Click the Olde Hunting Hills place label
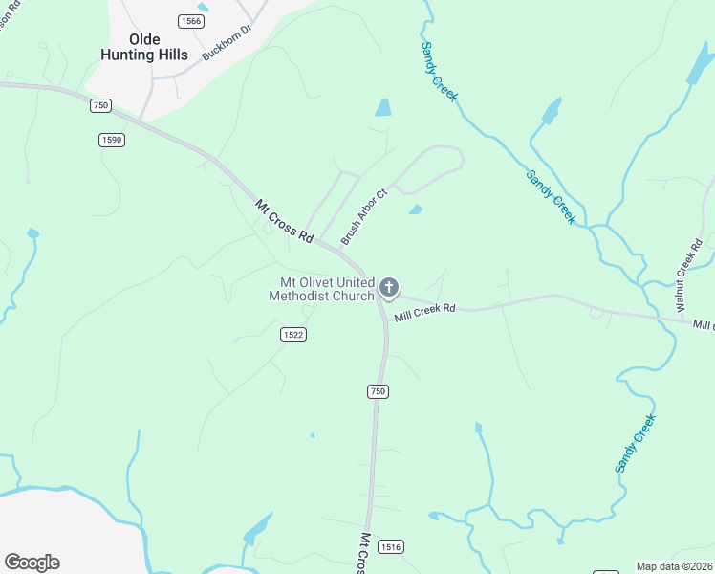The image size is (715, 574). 143,47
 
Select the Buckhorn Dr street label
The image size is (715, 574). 225,43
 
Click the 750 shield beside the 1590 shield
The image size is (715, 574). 101,105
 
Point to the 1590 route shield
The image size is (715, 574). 112,140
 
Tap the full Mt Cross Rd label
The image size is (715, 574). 284,221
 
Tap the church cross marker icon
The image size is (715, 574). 389,287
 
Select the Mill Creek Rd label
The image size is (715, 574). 425,309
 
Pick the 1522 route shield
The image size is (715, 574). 293,333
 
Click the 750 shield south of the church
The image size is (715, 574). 378,391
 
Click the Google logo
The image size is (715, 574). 32,562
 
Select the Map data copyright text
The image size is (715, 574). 674,566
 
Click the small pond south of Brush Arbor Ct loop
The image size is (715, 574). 415,210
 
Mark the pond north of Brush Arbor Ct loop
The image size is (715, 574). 383,108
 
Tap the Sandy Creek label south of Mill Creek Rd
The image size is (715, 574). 636,442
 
